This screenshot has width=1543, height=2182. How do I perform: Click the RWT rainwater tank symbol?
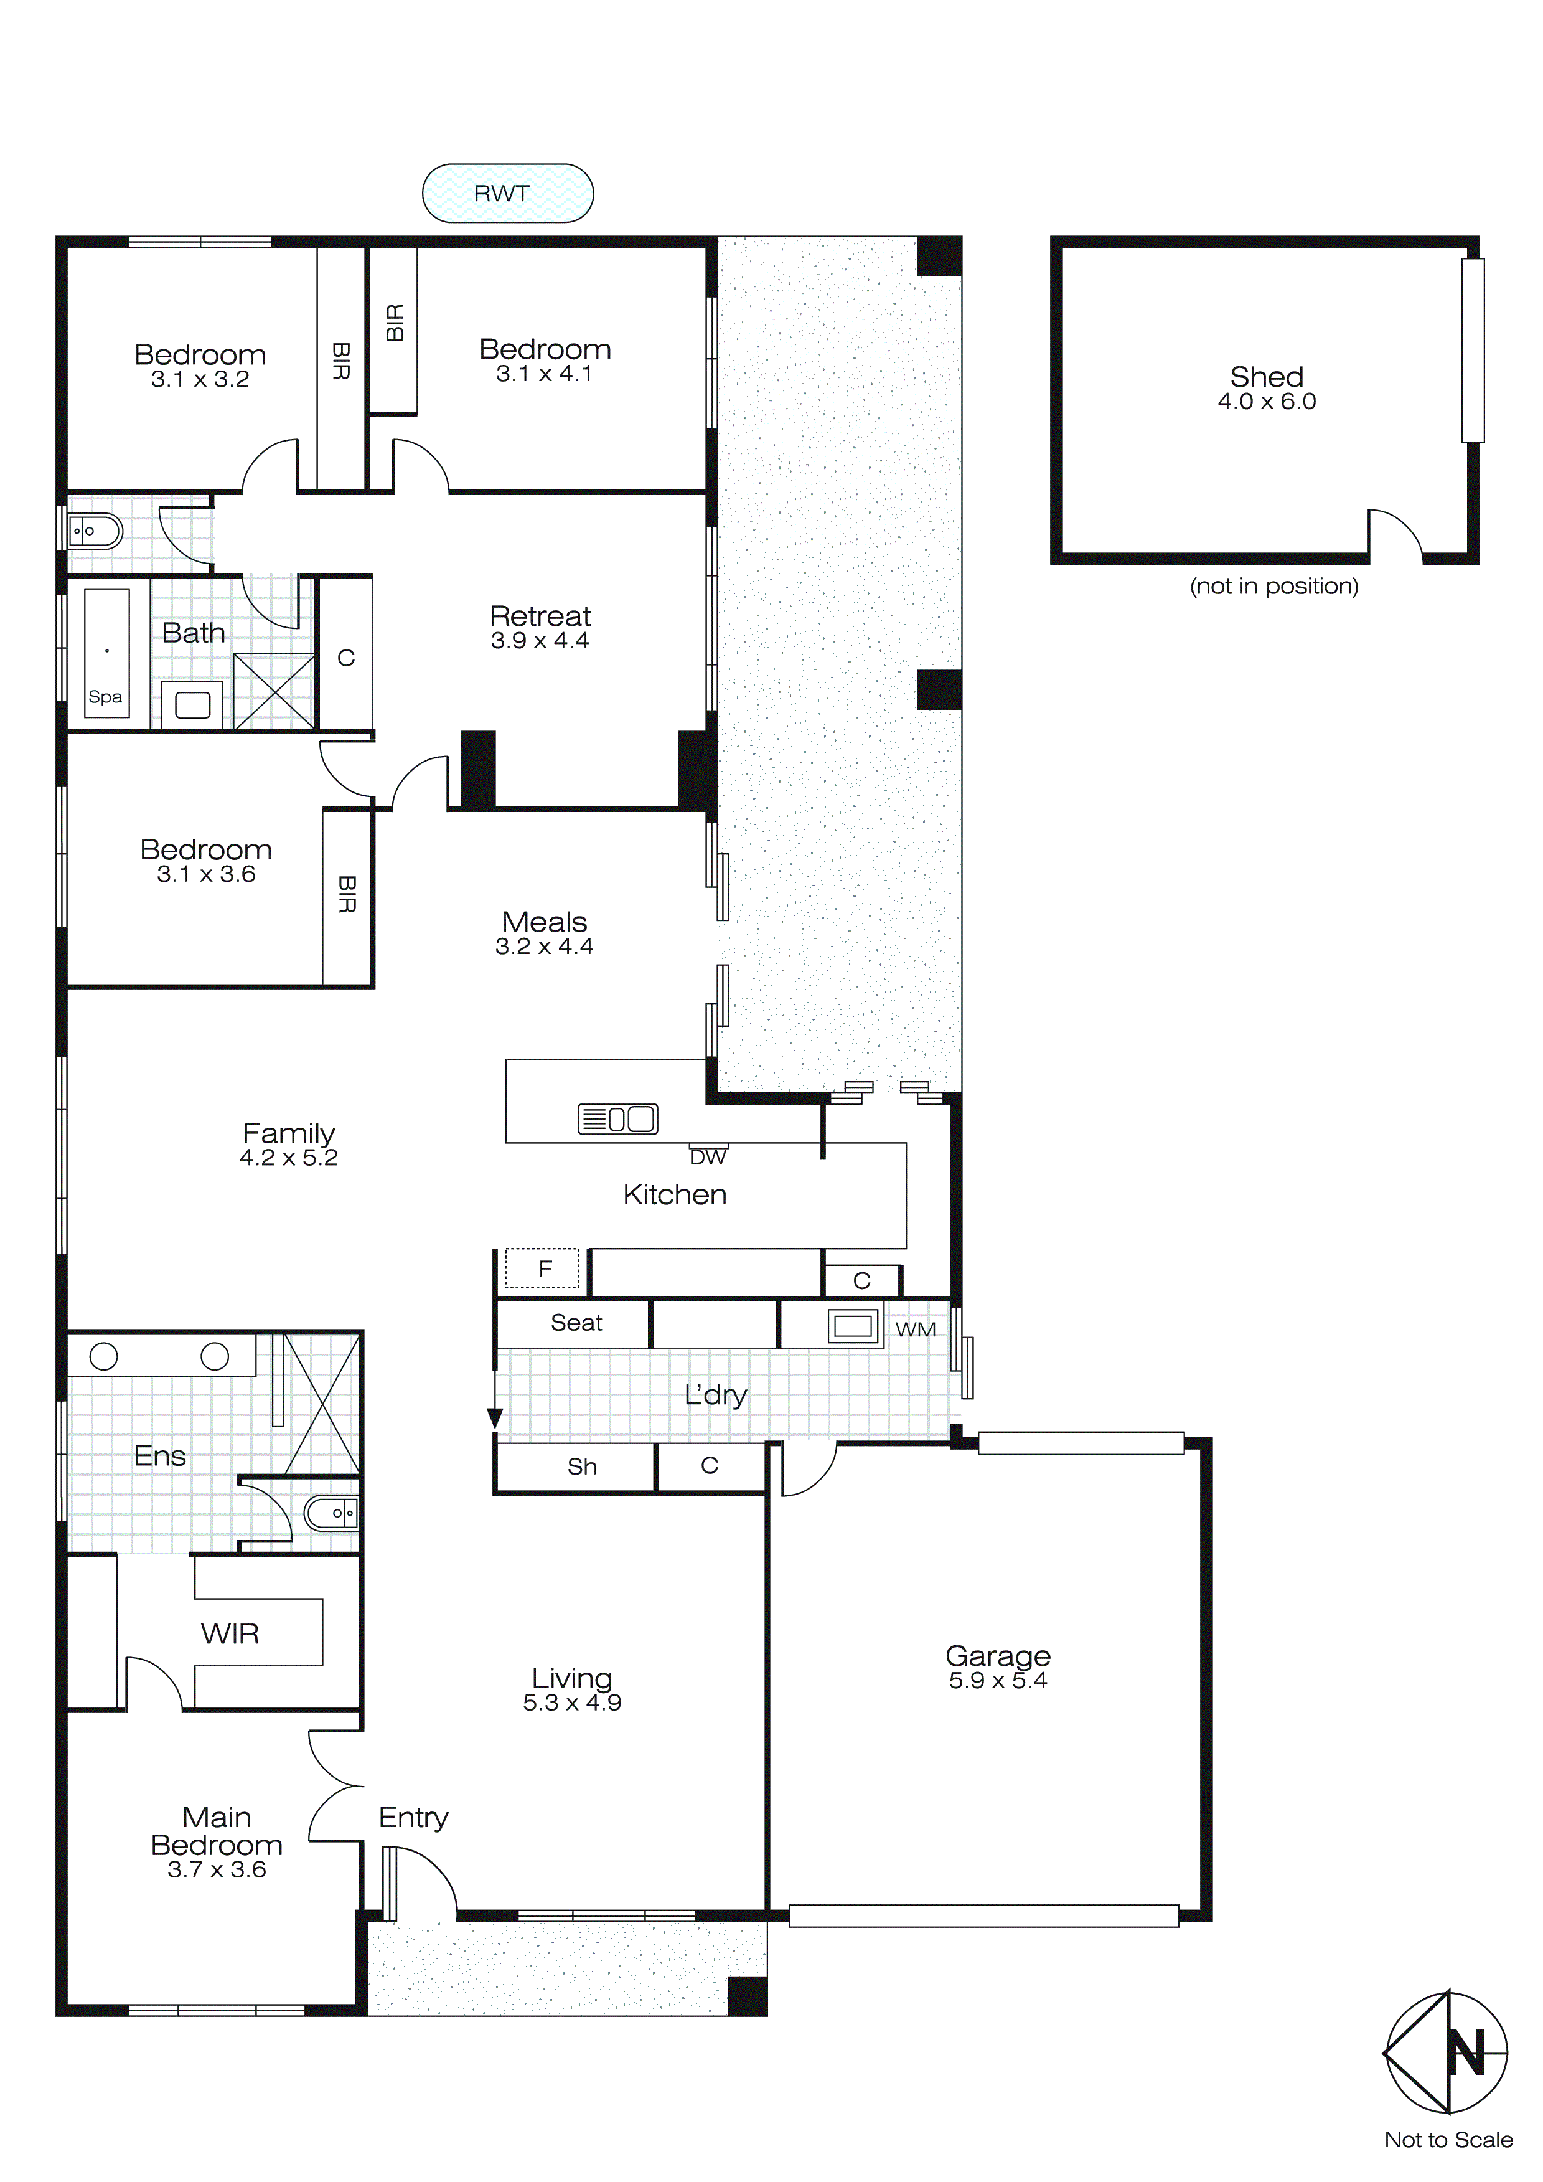[507, 193]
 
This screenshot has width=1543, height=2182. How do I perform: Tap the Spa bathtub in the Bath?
[106, 656]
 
